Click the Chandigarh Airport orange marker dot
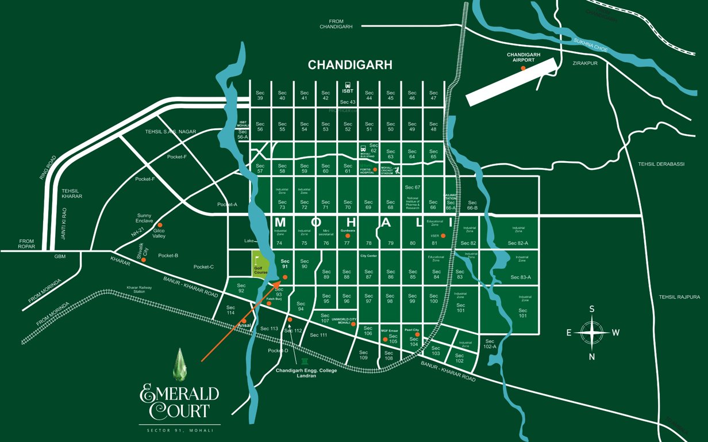(x=523, y=68)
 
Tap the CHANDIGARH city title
(x=350, y=65)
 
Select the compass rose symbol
(x=592, y=332)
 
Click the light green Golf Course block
(x=261, y=266)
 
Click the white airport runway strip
(x=511, y=82)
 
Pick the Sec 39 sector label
(x=260, y=96)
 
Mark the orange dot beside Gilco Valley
(x=160, y=225)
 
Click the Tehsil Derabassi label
(x=661, y=164)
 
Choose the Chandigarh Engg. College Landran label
(x=306, y=373)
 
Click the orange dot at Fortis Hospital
(x=375, y=170)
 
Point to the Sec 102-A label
(x=490, y=344)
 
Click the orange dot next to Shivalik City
(x=144, y=260)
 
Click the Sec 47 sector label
(x=433, y=96)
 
